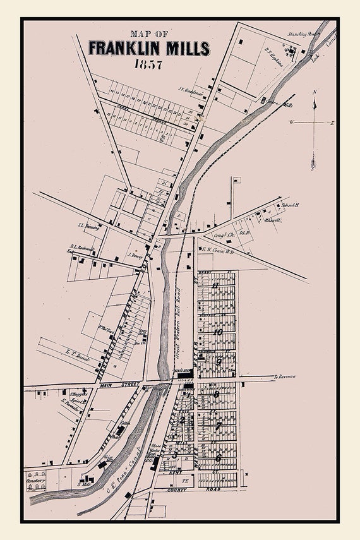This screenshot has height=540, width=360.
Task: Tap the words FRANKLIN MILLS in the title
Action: (149, 48)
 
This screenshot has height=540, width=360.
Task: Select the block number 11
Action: (215, 285)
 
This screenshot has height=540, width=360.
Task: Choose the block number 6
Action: (218, 458)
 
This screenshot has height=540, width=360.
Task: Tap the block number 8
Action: (216, 395)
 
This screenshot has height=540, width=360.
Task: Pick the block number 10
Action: (218, 332)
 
